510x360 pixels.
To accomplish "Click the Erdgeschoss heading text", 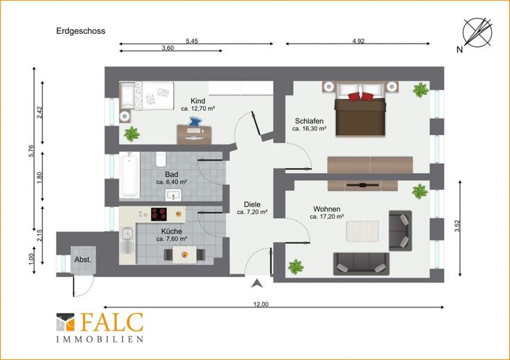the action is pos(80,31).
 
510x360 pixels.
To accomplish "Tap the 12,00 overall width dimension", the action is pos(261,304).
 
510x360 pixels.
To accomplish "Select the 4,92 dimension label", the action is pos(358,41).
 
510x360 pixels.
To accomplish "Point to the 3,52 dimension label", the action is pos(457,226).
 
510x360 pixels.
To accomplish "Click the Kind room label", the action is pos(197,100).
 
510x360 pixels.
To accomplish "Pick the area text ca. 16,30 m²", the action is pos(309,129).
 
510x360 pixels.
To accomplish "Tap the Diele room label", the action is pos(252,205).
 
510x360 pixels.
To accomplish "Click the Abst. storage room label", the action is pos(83,260).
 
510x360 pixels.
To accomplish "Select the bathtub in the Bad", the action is pos(129,175).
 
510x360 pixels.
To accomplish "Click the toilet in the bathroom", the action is pos(161,159).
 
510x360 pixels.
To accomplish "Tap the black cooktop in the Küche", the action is pos(159,215).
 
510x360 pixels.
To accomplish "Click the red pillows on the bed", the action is pos(360,96).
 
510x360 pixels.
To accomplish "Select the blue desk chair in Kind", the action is pos(195,123).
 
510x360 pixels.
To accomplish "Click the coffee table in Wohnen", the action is pos(362,231).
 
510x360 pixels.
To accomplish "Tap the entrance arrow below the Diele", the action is pos(256,283).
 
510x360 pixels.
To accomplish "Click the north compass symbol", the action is pos(477,32).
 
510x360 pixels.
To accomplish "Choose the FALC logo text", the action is pos(112,323).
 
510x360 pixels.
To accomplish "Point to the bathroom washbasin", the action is pos(173,195).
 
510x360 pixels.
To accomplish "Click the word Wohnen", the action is pos(326,209).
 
